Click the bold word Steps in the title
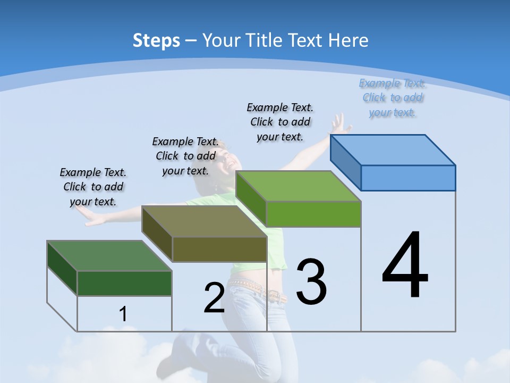pos(156,40)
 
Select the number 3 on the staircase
pos(311,282)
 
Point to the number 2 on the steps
pos(214,298)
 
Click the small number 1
pos(123,314)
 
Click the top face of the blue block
pos(393,149)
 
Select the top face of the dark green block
pos(109,255)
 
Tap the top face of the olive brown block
pos(205,221)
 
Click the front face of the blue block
pos(408,178)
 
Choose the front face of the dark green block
pos(124,283)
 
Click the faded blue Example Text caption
pos(393,97)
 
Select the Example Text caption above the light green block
pos(280,122)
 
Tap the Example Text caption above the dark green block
pos(93,187)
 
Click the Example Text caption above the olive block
pos(185,156)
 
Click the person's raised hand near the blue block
pos(338,124)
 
